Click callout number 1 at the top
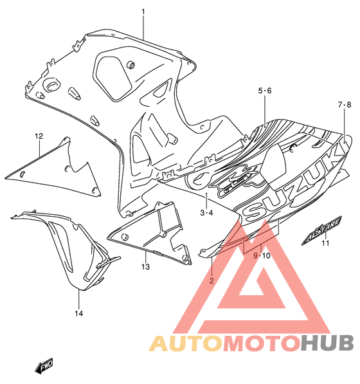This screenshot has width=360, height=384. tap(143, 12)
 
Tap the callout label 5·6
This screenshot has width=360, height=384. tap(265, 91)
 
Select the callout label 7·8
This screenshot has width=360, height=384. tap(345, 105)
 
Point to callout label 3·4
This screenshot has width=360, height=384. tap(206, 212)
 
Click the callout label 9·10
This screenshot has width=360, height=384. tap(262, 255)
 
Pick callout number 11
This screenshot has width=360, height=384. tap(325, 243)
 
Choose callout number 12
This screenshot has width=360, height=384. tap(39, 136)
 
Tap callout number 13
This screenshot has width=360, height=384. tap(145, 266)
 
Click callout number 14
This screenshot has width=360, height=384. tap(79, 313)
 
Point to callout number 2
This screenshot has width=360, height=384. tap(212, 280)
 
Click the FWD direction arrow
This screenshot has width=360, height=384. tap(44, 365)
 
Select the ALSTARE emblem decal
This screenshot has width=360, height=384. tap(321, 230)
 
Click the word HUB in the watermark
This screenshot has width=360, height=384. tap(327, 343)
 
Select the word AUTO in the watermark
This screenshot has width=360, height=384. tap(186, 343)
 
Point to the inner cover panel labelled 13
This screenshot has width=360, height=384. tap(149, 233)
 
